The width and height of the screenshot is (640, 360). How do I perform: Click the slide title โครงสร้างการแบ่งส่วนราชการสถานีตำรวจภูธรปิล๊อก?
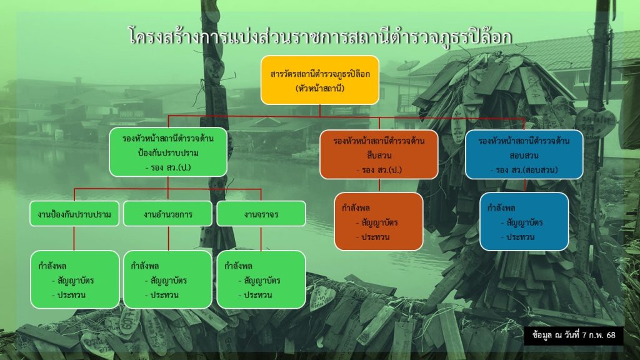tap(320, 37)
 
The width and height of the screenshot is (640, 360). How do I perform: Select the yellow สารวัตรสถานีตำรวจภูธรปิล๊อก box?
tap(320, 80)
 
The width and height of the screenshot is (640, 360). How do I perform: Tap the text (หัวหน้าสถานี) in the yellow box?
tap(320, 88)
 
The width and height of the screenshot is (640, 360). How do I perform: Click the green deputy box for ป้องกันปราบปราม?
tap(168, 152)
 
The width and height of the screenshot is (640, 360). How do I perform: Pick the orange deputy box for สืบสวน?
tap(379, 154)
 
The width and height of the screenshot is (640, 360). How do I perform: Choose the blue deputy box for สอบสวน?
tap(524, 154)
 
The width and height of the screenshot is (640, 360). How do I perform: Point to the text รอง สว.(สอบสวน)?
tap(524, 170)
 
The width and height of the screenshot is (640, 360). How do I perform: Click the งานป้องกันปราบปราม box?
tap(74, 214)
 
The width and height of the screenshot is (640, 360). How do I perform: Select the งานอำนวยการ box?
tap(167, 214)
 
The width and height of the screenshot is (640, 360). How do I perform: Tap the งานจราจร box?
tap(261, 214)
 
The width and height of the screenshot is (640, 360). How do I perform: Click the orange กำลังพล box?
tap(379, 222)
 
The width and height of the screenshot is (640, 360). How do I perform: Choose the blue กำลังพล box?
tap(524, 222)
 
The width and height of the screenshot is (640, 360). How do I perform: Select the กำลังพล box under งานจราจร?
tap(261, 279)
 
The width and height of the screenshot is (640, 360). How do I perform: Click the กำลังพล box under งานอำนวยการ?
tap(167, 279)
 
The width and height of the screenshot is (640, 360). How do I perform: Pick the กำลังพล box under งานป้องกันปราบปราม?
tap(75, 279)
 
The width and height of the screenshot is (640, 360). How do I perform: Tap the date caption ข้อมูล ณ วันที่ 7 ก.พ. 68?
tap(574, 336)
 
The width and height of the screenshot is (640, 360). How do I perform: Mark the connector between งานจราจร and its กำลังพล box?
tap(261, 238)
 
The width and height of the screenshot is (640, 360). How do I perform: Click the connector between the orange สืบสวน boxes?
tap(379, 186)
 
